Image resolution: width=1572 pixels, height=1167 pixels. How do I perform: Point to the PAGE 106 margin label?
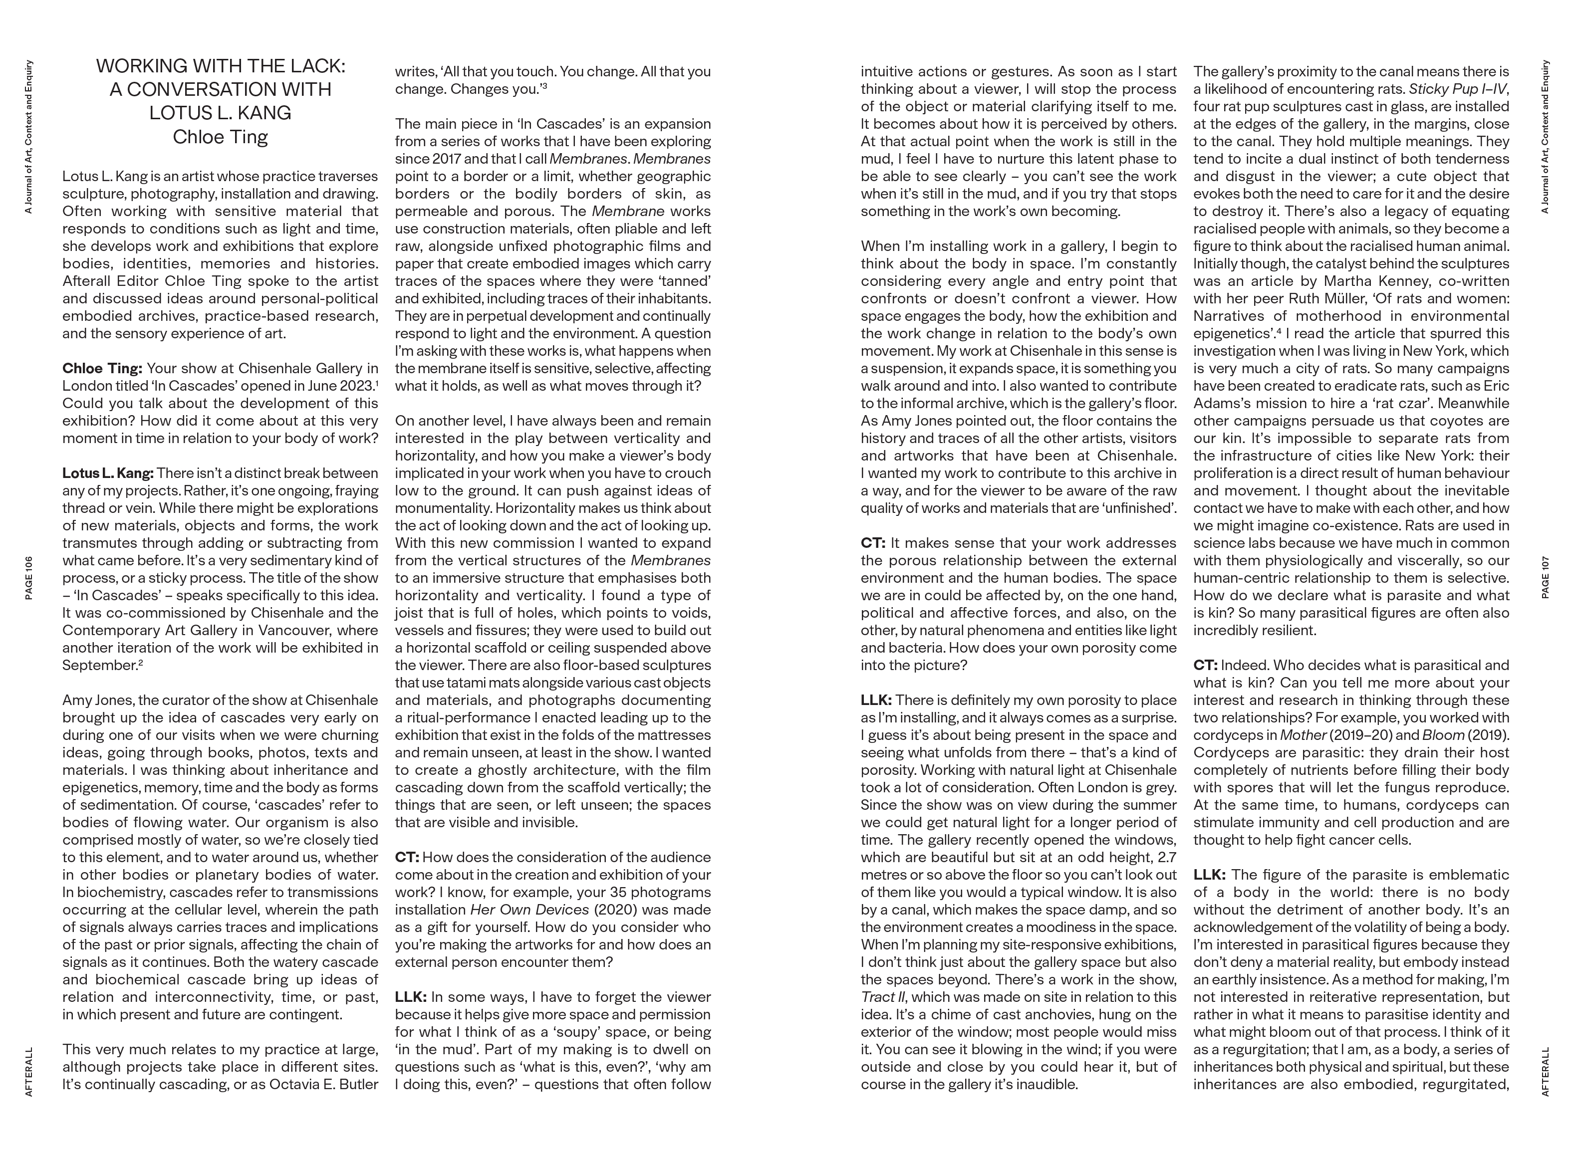[x=29, y=578]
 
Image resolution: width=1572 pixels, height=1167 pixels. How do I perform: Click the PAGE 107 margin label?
[x=1545, y=578]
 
